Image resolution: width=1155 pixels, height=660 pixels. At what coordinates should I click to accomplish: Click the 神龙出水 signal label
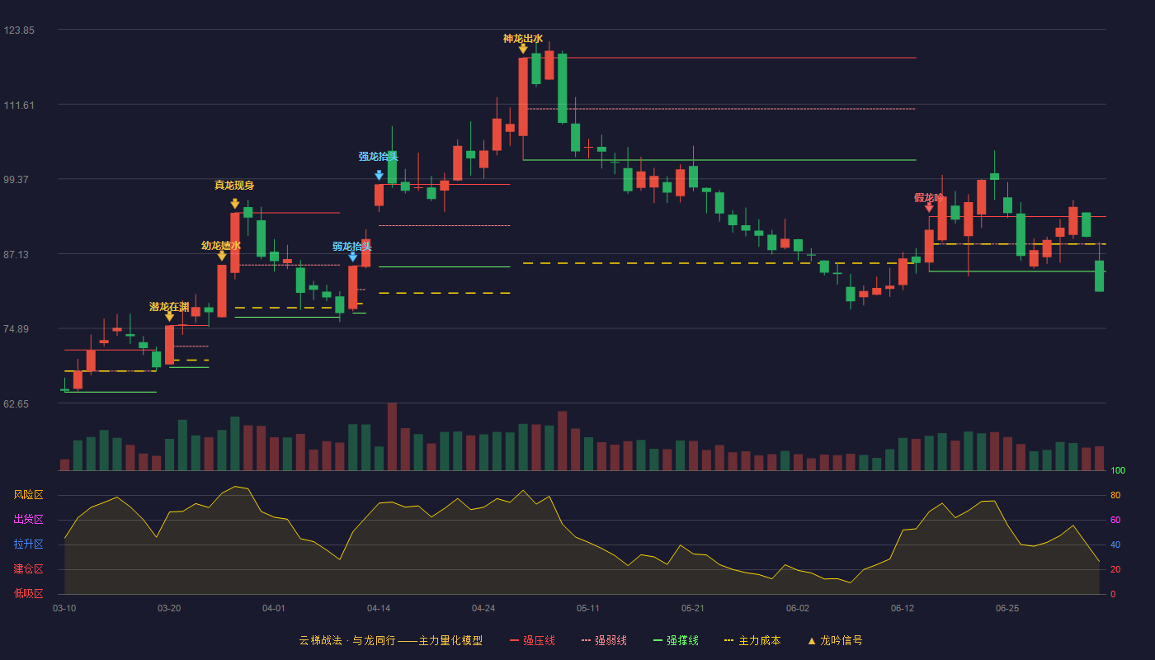[523, 39]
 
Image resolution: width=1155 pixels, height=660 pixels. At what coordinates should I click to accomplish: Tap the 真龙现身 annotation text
[234, 185]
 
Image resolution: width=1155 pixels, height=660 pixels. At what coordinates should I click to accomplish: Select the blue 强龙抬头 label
[379, 156]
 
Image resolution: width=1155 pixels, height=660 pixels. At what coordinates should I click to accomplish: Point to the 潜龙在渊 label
[169, 307]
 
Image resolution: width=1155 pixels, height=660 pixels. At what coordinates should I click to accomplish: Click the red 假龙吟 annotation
[929, 197]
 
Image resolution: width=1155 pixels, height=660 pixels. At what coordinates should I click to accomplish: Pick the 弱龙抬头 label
[352, 246]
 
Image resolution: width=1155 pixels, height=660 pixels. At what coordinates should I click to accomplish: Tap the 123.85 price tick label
[19, 31]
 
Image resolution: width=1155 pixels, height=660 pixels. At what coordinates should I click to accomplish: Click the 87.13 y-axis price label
[16, 255]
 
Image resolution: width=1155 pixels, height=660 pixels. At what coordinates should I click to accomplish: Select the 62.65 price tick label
[16, 404]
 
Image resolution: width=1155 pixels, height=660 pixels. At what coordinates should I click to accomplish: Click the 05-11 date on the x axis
[587, 609]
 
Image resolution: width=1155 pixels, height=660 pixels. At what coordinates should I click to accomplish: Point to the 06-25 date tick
[1007, 609]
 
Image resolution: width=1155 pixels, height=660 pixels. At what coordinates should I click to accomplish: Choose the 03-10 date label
[64, 609]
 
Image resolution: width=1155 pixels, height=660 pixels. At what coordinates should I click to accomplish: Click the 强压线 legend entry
[533, 640]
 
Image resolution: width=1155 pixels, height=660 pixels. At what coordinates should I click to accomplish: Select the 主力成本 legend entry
[752, 640]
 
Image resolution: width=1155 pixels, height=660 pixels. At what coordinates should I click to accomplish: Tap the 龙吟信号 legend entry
[835, 640]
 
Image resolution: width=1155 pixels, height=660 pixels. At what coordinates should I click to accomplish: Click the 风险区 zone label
[28, 495]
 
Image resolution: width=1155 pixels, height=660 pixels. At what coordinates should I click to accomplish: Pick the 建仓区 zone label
[28, 569]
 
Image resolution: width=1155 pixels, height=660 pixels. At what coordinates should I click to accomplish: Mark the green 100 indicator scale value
[1118, 470]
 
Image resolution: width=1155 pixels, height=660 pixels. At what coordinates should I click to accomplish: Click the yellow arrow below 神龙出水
[523, 49]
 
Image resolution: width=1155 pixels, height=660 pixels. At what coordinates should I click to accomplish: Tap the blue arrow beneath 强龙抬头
[379, 175]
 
